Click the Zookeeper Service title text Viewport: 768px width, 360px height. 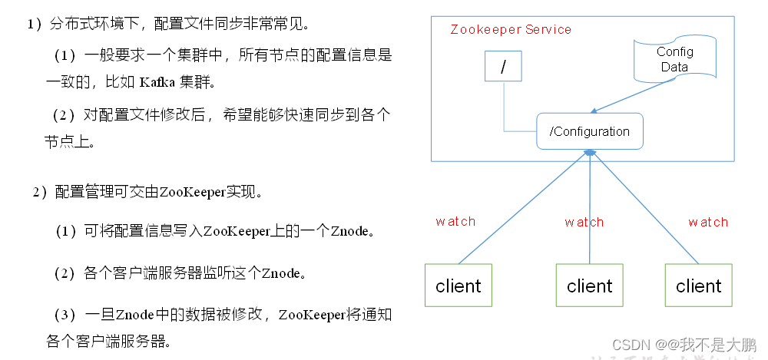[511, 30]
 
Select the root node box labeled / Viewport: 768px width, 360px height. [503, 67]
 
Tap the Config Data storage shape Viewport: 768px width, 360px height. [674, 60]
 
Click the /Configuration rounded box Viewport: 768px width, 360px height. [589, 131]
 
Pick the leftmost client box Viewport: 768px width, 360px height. [458, 286]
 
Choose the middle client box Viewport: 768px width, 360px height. [589, 286]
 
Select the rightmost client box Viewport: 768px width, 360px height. [698, 286]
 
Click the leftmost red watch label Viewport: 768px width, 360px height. [455, 222]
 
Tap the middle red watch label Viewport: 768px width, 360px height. [584, 223]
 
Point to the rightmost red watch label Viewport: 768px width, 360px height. [707, 223]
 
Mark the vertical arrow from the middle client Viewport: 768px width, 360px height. [589, 207]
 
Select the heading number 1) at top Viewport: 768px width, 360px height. [34, 25]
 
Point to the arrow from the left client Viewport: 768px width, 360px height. [522, 207]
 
